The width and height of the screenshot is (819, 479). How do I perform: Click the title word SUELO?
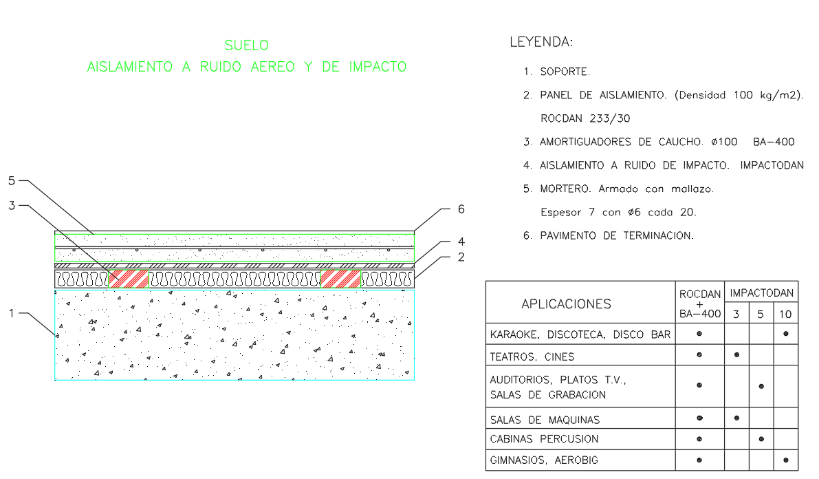(x=247, y=45)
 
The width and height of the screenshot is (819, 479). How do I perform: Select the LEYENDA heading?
(x=540, y=42)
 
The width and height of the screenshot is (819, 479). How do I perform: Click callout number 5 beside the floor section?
(x=12, y=181)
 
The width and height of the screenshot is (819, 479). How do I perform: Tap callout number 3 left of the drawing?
(x=12, y=205)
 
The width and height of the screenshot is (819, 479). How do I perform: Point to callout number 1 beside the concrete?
(x=12, y=313)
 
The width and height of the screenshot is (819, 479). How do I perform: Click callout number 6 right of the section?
(x=462, y=209)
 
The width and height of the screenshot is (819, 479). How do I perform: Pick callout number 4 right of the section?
(x=462, y=242)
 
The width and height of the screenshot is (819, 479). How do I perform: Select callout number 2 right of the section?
(x=462, y=257)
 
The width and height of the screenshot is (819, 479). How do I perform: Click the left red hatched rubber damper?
(x=129, y=279)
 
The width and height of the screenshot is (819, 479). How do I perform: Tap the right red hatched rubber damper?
(x=340, y=279)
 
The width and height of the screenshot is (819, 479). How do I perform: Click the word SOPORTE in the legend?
(x=565, y=72)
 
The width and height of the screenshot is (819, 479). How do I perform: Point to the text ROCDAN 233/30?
(x=585, y=118)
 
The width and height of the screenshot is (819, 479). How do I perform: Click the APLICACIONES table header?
(x=566, y=304)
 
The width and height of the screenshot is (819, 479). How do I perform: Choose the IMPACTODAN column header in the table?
(x=762, y=293)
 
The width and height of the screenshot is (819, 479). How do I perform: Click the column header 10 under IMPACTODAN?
(x=785, y=315)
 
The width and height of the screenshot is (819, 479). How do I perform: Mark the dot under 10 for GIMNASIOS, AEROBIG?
(x=785, y=460)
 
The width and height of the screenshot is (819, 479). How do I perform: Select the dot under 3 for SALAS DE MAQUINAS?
(x=736, y=418)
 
